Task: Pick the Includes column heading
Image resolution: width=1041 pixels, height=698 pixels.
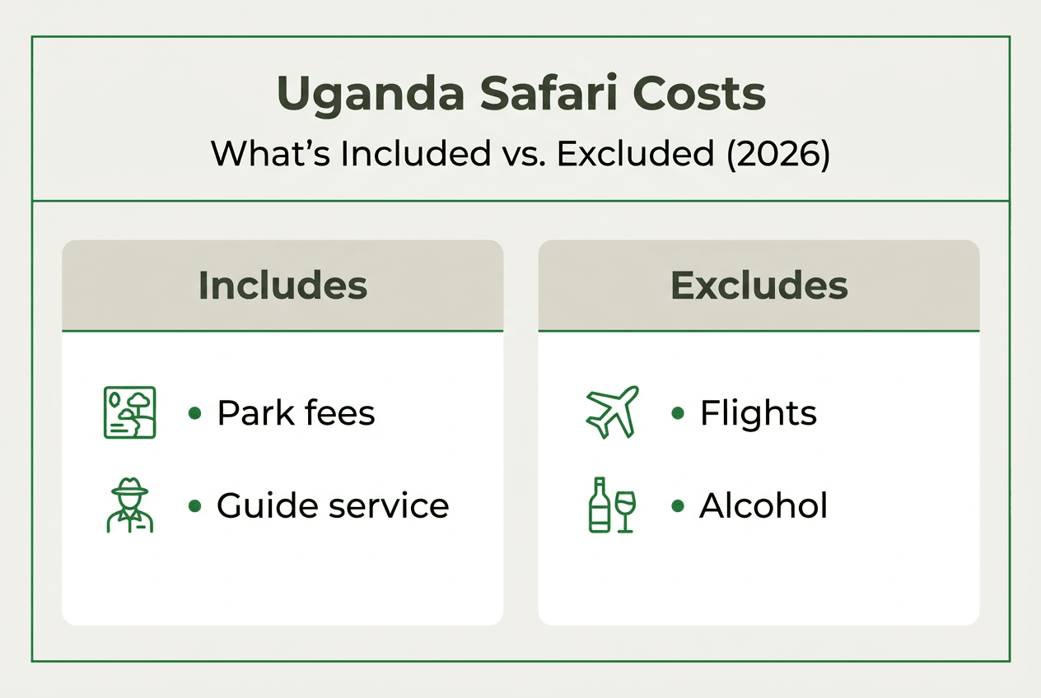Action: (282, 286)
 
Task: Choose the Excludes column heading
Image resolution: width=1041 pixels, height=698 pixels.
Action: (759, 286)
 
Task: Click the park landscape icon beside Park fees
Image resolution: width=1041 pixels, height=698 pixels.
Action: (128, 412)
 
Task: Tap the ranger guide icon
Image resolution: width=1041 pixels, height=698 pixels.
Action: (129, 504)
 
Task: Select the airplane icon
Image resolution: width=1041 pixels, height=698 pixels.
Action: (611, 411)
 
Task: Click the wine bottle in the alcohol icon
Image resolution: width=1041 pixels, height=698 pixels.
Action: (600, 504)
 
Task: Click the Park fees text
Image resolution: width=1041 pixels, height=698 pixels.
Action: (296, 413)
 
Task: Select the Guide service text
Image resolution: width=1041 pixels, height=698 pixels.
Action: (333, 505)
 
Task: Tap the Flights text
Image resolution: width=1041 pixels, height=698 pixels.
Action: (758, 413)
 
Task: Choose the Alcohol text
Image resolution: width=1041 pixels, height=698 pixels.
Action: (763, 505)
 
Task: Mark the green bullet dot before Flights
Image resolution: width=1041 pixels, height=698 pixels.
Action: (678, 413)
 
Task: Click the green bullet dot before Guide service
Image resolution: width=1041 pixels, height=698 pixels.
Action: (194, 505)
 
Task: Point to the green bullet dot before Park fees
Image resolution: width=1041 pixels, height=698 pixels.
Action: (194, 413)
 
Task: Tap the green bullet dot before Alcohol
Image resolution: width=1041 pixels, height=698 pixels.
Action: (678, 505)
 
